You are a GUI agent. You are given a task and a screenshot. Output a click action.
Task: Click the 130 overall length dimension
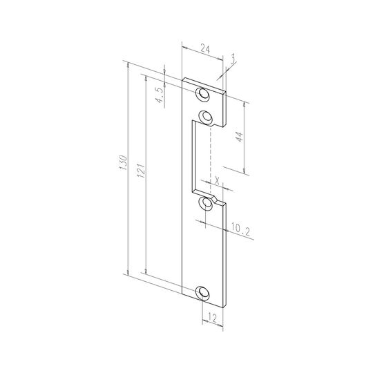(x=123, y=162)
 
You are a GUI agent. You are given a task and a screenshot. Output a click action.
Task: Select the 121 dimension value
(x=141, y=171)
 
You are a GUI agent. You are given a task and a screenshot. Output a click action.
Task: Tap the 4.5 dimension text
(x=160, y=95)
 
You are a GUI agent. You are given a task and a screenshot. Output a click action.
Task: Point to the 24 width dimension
(x=205, y=49)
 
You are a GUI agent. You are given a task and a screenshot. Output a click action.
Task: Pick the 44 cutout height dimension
(x=239, y=137)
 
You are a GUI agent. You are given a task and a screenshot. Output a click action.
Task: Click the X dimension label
(x=217, y=181)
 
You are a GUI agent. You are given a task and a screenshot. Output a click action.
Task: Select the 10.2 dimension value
(x=240, y=231)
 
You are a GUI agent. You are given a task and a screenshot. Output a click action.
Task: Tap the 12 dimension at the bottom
(x=212, y=318)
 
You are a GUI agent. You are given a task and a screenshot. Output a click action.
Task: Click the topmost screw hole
(x=202, y=95)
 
